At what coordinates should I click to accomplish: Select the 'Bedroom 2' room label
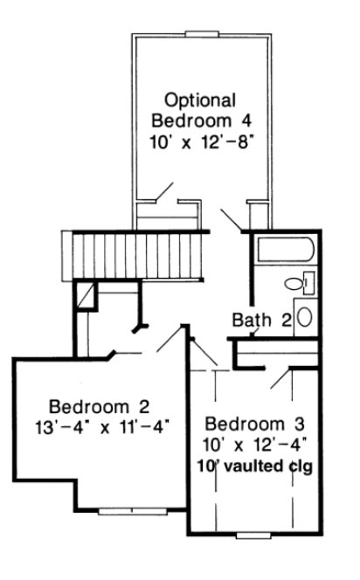click(x=100, y=406)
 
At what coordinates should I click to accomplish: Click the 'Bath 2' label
click(x=261, y=320)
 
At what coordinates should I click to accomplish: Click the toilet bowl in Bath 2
click(x=295, y=283)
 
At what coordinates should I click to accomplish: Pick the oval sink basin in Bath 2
click(x=305, y=316)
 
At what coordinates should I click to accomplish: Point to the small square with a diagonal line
click(x=85, y=296)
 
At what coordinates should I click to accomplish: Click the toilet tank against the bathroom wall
click(x=309, y=282)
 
